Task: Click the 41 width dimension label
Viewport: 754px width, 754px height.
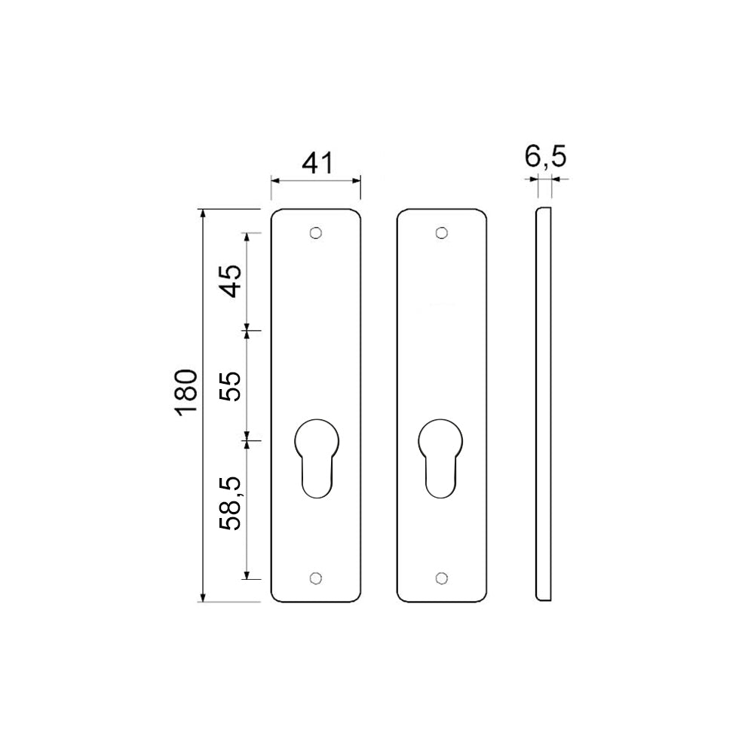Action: [x=316, y=162]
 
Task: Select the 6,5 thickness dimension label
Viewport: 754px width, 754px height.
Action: [x=545, y=158]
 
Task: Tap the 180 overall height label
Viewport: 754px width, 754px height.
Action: [x=185, y=391]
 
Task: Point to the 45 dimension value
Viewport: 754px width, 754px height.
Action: [x=231, y=281]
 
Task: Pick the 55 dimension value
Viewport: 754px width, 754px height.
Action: [x=231, y=386]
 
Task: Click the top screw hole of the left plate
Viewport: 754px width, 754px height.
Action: [x=316, y=233]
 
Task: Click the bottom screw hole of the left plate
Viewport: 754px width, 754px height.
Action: [x=316, y=578]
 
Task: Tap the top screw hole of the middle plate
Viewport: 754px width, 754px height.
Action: [x=442, y=233]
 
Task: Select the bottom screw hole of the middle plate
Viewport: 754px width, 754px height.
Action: [x=442, y=578]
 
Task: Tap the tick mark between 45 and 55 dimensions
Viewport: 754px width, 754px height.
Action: [x=247, y=330]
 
